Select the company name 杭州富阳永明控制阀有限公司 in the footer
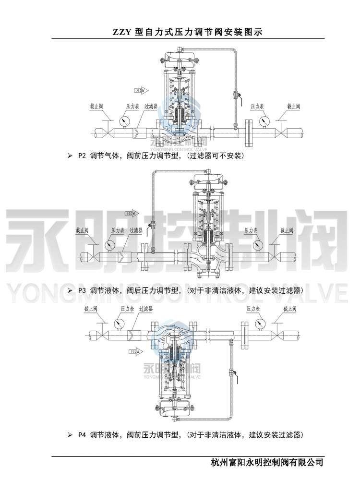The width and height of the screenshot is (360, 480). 267,463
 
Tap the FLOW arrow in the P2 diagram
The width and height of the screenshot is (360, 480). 141,90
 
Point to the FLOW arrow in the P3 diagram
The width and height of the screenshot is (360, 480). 131,213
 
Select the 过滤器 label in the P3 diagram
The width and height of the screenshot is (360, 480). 136,230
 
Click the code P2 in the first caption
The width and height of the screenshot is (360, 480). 81,156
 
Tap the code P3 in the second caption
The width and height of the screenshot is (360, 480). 81,290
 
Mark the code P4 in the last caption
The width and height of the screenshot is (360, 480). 81,435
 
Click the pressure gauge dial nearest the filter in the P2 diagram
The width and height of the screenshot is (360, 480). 126,120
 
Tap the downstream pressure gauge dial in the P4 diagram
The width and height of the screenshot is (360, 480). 254,323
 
